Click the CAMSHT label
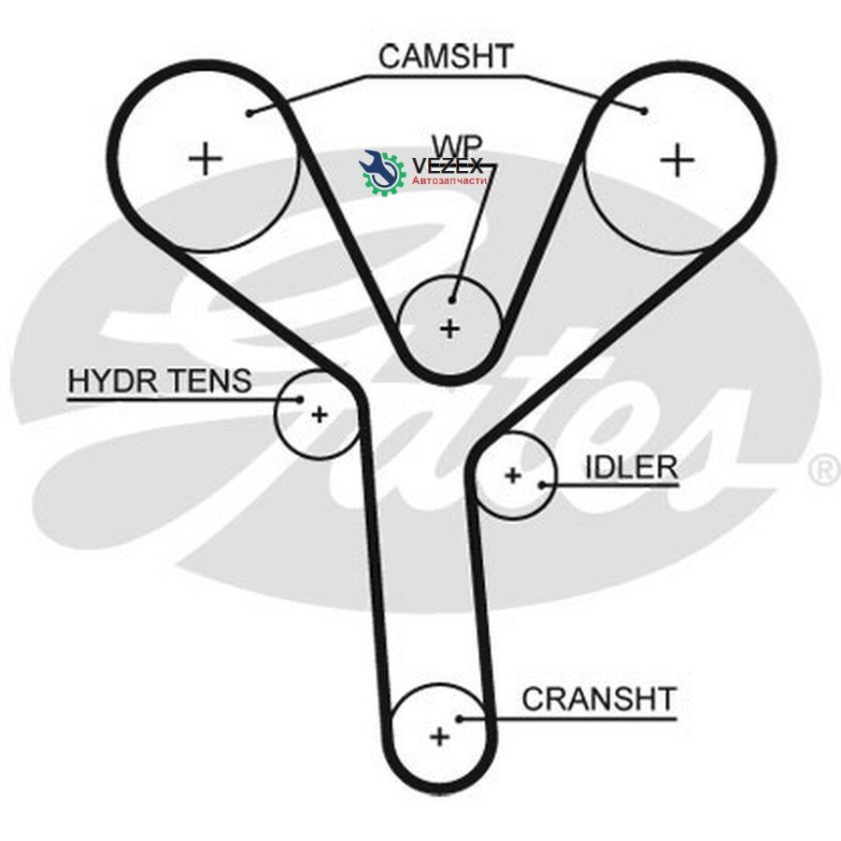445,56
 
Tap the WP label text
457,145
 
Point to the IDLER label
631,467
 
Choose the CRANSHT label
598,699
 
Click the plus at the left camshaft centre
206,158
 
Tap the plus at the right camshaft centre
677,159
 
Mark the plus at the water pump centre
450,328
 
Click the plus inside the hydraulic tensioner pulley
320,415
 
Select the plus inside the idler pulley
513,476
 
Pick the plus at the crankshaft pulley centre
440,736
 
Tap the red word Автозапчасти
449,180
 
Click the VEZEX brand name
448,165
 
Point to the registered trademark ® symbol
824,470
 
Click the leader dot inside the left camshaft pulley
249,113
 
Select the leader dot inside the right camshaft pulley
644,111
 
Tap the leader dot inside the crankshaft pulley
460,719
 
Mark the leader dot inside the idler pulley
542,485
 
